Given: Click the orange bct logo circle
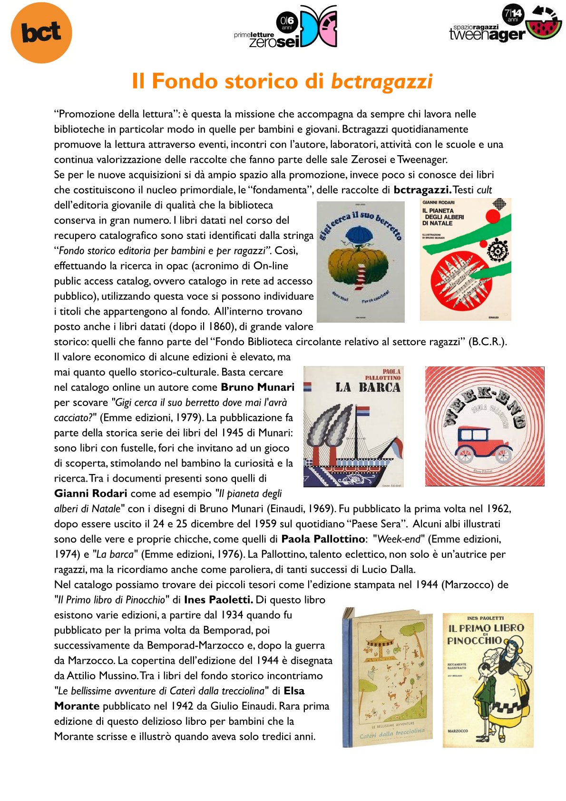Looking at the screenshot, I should (41, 32).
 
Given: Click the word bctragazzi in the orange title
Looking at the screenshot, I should (381, 81).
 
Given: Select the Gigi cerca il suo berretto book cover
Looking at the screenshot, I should (361, 261).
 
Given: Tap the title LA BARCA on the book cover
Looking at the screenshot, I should (368, 387).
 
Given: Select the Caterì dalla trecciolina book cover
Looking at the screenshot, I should (388, 677).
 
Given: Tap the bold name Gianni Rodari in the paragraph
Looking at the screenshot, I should (90, 493).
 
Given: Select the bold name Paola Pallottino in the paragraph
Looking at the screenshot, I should (323, 539).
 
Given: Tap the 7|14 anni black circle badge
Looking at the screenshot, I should (513, 14).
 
